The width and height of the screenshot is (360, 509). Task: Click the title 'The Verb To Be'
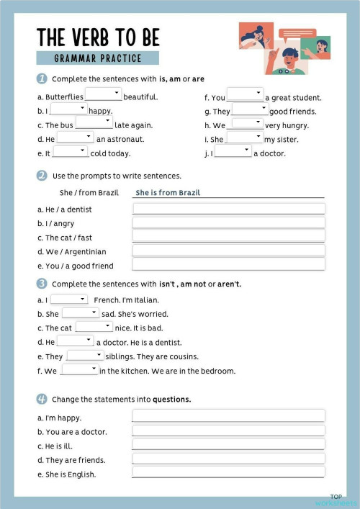pos(98,37)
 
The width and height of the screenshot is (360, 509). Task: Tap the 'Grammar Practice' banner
pos(98,58)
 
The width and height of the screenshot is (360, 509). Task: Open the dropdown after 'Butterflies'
pos(104,94)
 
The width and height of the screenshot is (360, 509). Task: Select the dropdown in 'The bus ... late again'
pos(94,122)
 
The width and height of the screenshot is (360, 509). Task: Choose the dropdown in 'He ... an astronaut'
pos(75,137)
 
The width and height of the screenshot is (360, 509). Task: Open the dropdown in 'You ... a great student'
pos(246,94)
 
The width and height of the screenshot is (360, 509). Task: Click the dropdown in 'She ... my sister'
pos(244,137)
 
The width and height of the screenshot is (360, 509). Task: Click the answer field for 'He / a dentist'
pos(228,209)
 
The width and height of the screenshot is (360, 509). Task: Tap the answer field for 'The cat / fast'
pos(228,237)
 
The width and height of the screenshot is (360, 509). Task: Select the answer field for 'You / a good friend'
pos(228,265)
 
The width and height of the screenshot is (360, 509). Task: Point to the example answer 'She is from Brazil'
pos(168,193)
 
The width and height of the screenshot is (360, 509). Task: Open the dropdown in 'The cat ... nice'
pos(94,327)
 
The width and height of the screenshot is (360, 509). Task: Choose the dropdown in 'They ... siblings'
pos(86,356)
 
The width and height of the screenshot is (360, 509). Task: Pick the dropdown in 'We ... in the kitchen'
pos(79,370)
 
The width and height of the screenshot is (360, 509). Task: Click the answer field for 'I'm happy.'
pos(228,416)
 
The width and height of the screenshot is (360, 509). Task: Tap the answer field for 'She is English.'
pos(228,473)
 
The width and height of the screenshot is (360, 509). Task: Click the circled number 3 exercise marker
pos(42,284)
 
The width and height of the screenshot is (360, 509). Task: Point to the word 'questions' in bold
pos(171,399)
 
